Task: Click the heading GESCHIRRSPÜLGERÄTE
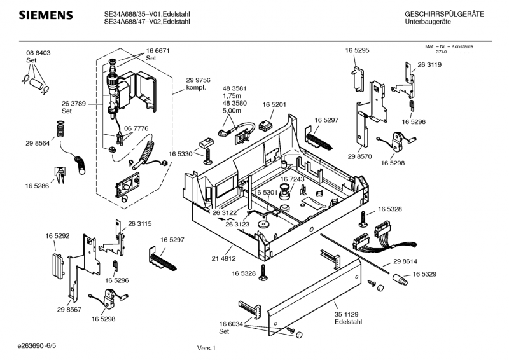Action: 444,14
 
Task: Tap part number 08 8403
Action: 38,53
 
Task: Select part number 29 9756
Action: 198,79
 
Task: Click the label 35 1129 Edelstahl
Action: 347,318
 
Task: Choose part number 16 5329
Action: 424,274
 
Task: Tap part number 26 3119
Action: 429,65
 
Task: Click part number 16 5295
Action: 357,50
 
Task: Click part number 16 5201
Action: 275,104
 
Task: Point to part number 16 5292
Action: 57,236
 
